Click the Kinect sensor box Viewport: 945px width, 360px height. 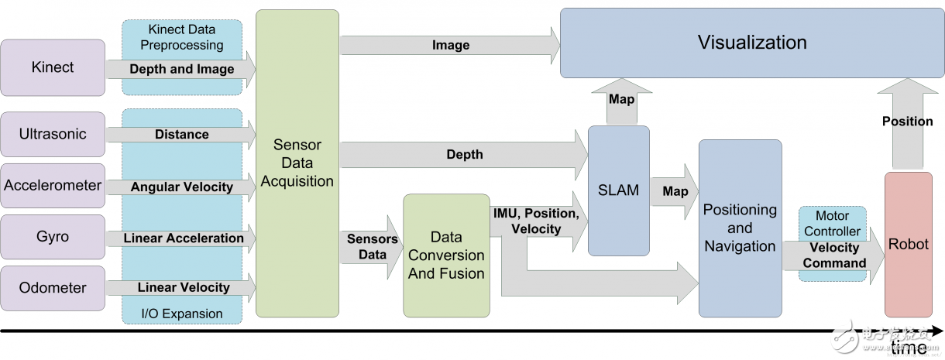click(x=53, y=67)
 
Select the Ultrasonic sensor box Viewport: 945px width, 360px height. click(x=53, y=134)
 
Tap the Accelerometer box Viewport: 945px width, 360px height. click(x=53, y=186)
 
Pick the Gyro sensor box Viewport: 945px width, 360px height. click(x=53, y=237)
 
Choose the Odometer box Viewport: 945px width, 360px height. click(x=53, y=288)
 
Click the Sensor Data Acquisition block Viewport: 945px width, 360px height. click(x=297, y=163)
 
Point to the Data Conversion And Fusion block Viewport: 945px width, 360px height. click(x=446, y=255)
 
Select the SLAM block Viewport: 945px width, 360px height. click(x=618, y=190)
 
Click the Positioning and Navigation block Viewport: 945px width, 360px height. click(x=740, y=228)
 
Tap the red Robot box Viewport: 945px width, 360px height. click(x=908, y=244)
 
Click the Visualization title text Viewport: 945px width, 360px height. click(x=752, y=42)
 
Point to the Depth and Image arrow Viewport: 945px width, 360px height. click(x=182, y=69)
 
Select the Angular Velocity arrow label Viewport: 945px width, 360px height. click(x=182, y=187)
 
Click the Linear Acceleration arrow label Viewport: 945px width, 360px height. click(x=184, y=238)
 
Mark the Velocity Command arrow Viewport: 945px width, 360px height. click(x=834, y=255)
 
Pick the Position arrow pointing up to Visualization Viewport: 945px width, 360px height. click(x=908, y=122)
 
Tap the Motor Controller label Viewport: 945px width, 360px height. click(x=833, y=223)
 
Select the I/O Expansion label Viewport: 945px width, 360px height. click(x=182, y=314)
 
